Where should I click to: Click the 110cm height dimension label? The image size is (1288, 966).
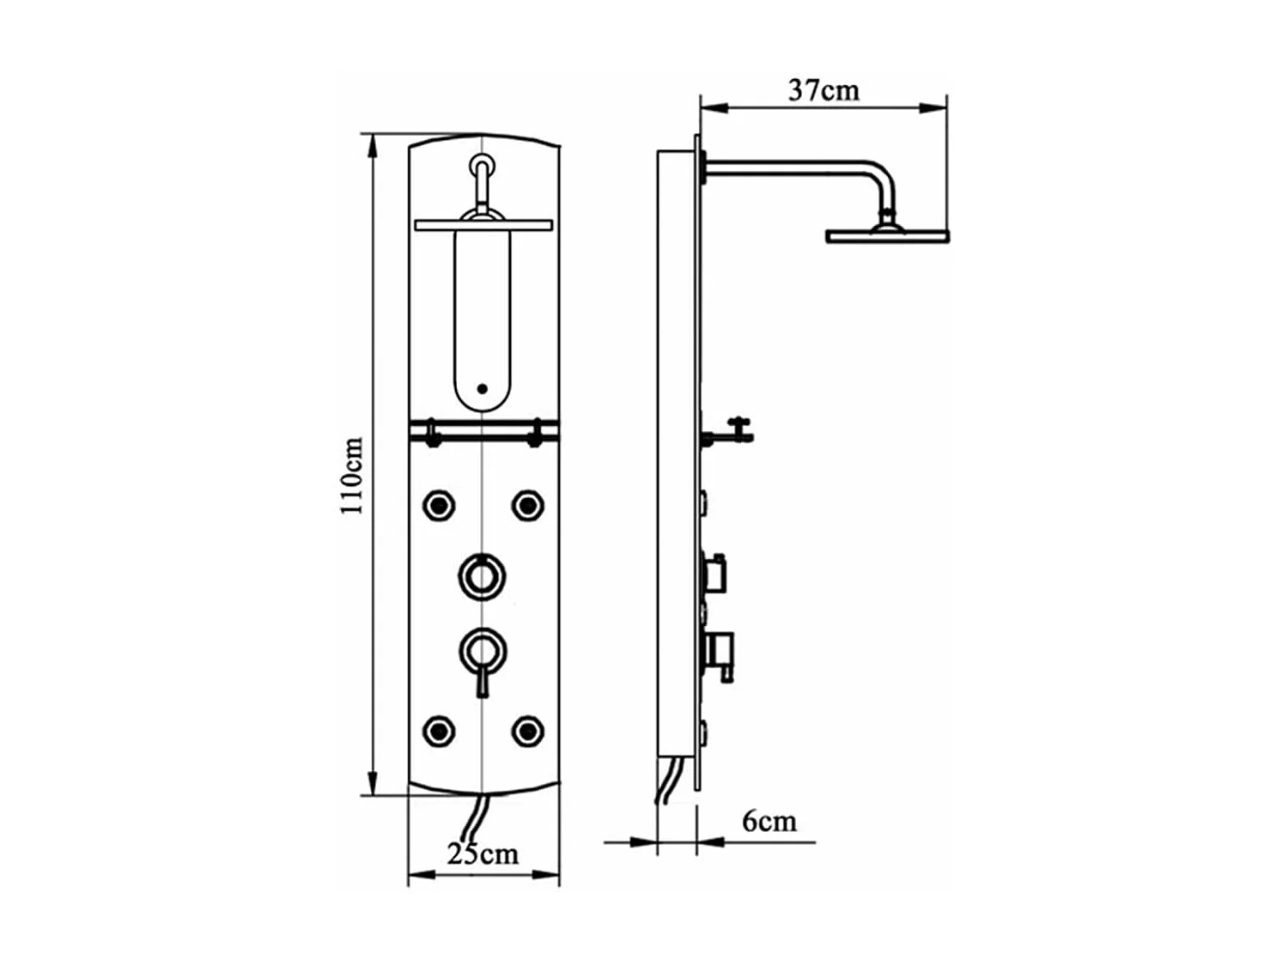tap(352, 476)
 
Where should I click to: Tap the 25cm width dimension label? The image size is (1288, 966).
tap(483, 854)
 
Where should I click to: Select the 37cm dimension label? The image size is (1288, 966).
tap(823, 90)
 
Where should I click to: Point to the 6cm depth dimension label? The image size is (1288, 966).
tap(769, 821)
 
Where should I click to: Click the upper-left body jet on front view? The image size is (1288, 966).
tap(439, 506)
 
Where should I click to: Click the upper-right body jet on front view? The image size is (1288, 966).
tap(527, 506)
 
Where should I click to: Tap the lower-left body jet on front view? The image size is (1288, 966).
tap(439, 732)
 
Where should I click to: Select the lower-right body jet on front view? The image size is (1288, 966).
tap(527, 732)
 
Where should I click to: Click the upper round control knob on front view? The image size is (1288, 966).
tap(482, 576)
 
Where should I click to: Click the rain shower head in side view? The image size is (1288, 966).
tap(887, 235)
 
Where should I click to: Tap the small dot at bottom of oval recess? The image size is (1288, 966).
tap(482, 389)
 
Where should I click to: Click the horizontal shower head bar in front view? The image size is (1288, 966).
tap(483, 226)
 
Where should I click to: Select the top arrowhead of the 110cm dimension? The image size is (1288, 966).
tap(373, 146)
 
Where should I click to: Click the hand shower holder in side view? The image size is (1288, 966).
tap(729, 431)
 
